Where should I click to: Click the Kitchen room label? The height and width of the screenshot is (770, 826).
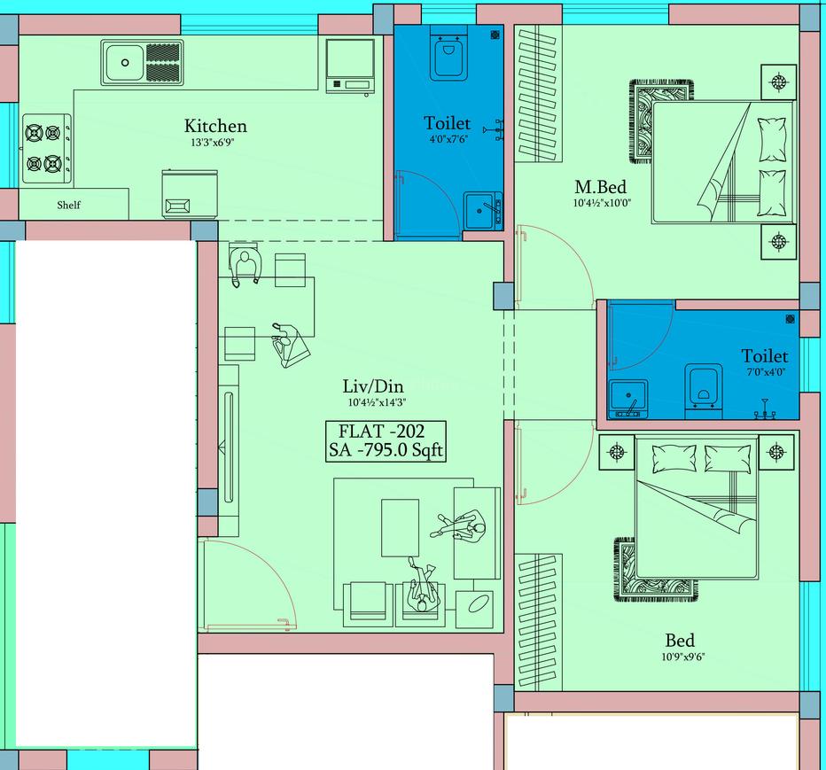[x=215, y=126]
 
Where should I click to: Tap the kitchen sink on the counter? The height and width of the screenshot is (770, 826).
[x=142, y=63]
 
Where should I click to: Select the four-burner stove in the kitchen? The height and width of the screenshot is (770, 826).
[x=44, y=149]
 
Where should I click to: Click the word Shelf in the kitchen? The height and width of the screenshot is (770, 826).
[x=68, y=205]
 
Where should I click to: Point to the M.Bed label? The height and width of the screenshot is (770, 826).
[x=600, y=187]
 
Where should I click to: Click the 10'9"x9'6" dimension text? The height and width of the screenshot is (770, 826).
[x=682, y=657]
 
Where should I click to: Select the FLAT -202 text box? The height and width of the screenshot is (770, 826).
[x=386, y=441]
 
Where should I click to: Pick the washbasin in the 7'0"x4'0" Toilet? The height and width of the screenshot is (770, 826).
[x=627, y=397]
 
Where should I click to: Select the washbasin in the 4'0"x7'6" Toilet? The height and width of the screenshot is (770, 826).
[x=483, y=210]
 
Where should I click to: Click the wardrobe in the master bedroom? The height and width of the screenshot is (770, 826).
[x=539, y=95]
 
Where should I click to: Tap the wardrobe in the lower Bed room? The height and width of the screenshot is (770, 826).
[x=539, y=622]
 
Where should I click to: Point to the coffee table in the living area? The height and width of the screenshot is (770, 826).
[x=400, y=527]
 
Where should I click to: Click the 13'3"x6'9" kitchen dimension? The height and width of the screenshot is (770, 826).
[x=215, y=143]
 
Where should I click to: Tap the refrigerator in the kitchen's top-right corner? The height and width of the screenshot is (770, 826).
[x=348, y=66]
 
